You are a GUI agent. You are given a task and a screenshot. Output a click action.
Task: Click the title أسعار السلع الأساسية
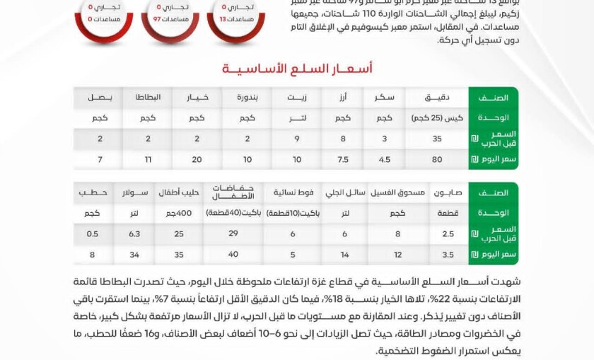click(296, 68)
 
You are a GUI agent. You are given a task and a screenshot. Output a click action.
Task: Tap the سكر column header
click(385, 97)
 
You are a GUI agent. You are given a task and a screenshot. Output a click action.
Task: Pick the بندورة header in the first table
click(248, 97)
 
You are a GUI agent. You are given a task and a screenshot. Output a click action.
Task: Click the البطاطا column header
click(148, 97)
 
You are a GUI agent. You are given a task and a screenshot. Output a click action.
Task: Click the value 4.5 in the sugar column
click(385, 159)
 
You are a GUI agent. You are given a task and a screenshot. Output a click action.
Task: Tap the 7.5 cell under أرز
click(343, 159)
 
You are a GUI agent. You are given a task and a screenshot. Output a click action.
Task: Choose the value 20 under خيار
click(197, 159)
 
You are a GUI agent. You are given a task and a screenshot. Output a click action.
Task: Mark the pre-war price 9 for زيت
click(296, 139)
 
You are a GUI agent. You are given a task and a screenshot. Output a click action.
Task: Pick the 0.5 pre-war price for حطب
click(93, 233)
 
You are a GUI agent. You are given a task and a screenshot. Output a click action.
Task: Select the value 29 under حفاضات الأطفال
click(233, 233)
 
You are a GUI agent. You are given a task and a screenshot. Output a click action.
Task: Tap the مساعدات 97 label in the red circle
click(170, 19)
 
